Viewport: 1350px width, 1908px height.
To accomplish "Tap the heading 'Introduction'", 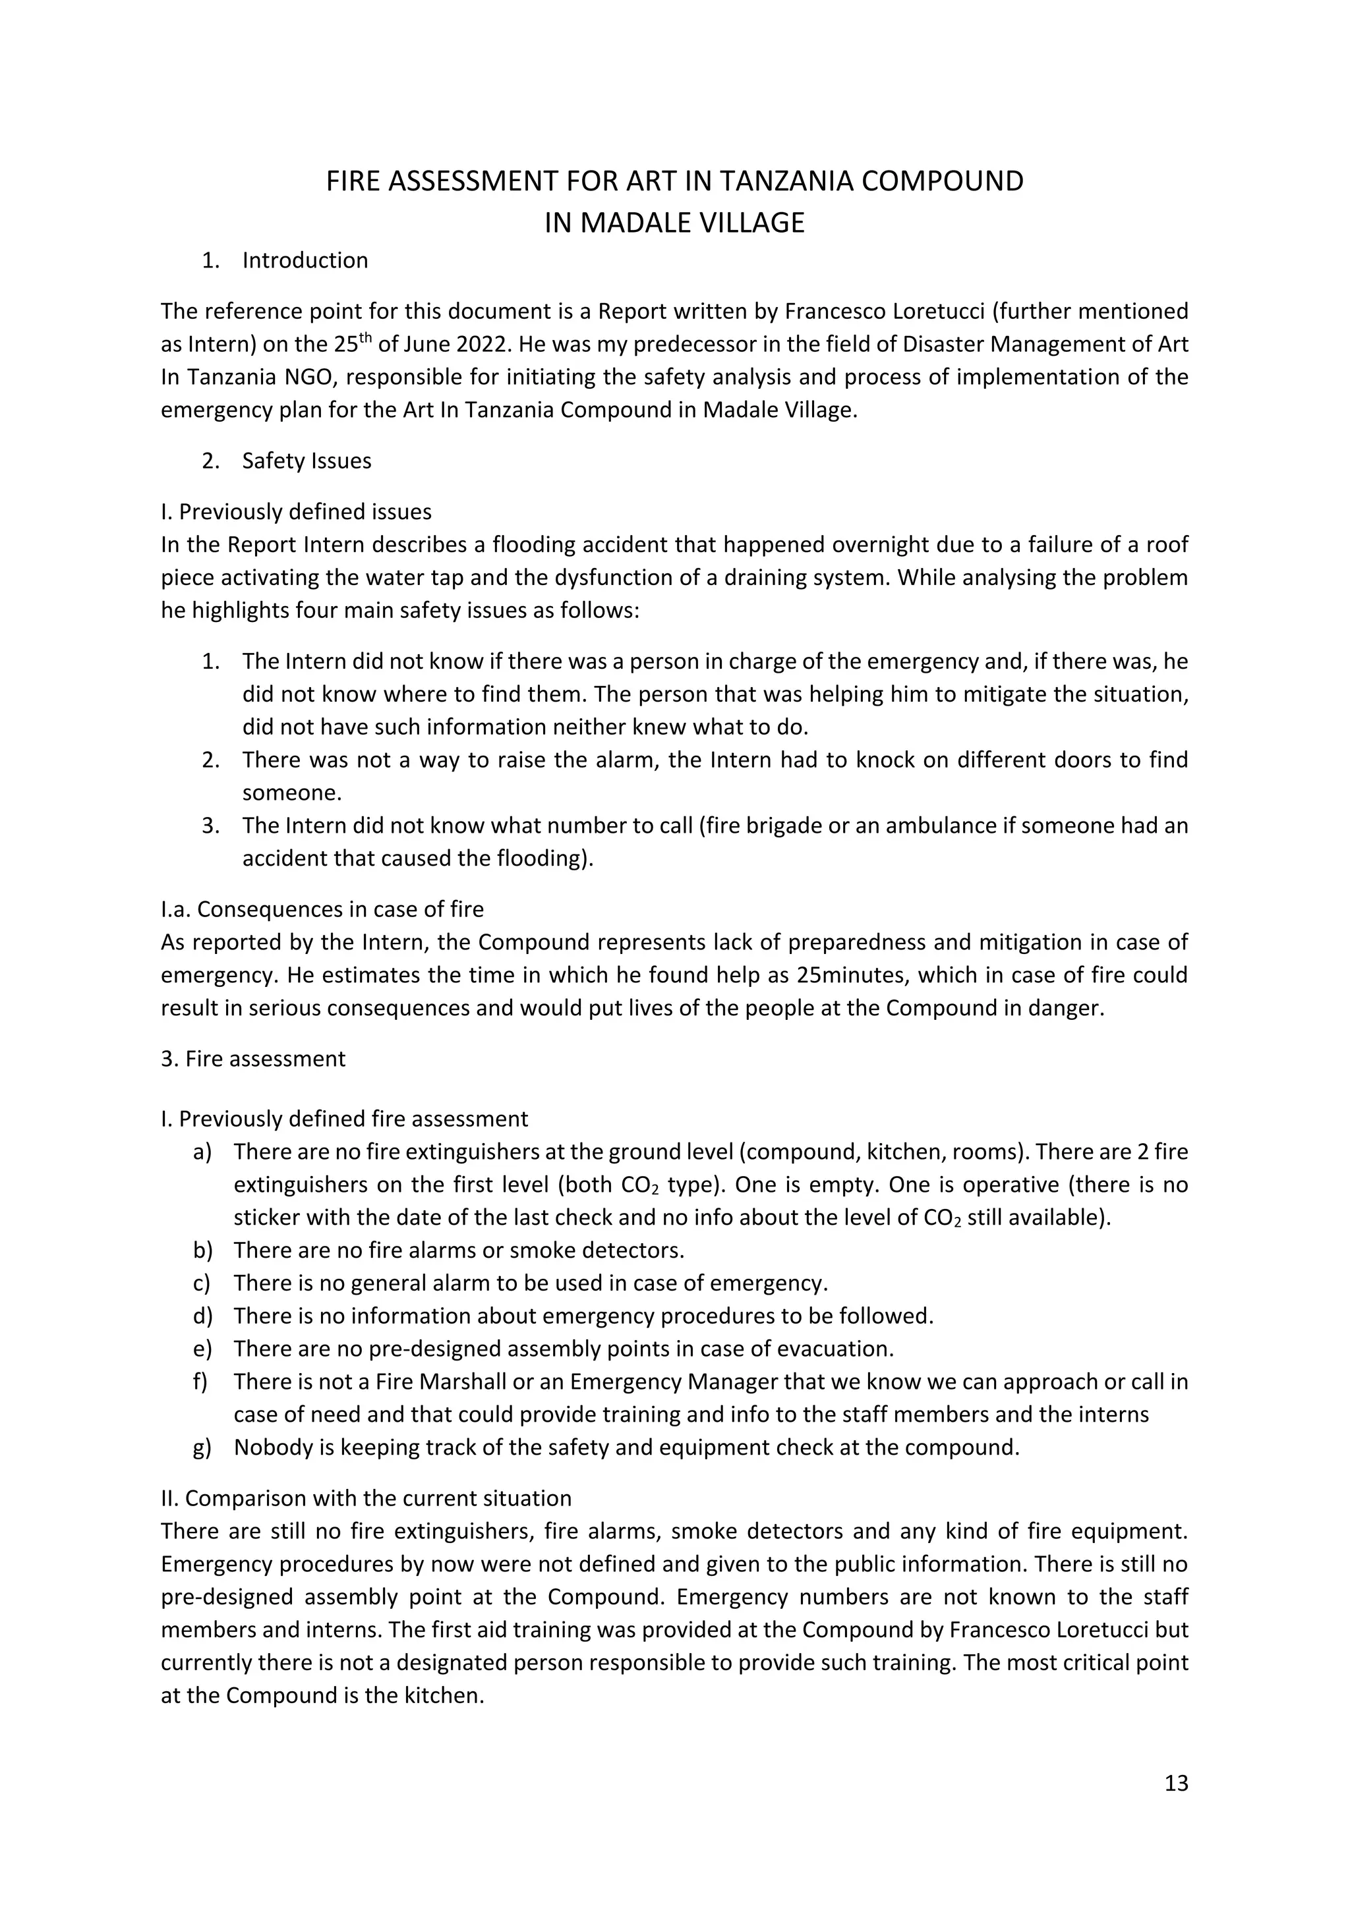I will coord(305,261).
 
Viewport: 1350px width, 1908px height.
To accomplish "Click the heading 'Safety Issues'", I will coord(306,461).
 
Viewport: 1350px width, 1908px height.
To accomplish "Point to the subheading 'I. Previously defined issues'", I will coord(296,511).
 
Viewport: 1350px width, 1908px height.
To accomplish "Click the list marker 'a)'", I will coord(202,1152).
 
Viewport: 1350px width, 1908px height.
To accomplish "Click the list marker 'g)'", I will coord(202,1447).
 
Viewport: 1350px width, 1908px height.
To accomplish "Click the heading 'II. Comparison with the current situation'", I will coord(366,1498).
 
